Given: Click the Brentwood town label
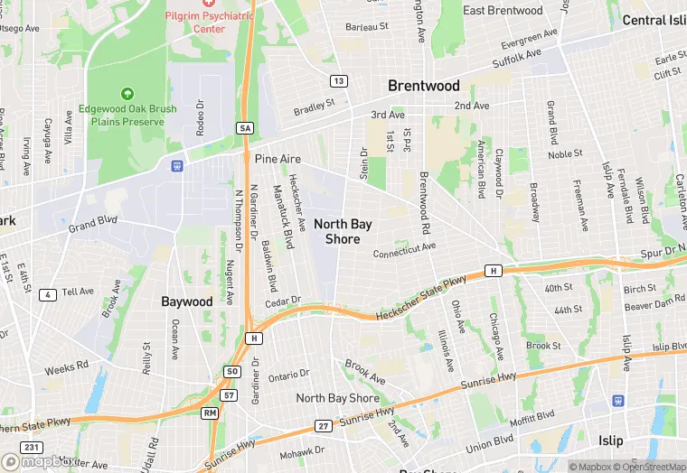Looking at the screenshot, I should pyautogui.click(x=423, y=86).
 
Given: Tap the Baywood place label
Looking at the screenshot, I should pyautogui.click(x=187, y=301).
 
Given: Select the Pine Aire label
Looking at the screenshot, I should pyautogui.click(x=278, y=158).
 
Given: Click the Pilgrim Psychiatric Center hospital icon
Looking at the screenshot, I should pyautogui.click(x=209, y=3).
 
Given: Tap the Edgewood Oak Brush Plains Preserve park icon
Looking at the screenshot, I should pyautogui.click(x=127, y=93).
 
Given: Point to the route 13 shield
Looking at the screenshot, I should pyautogui.click(x=339, y=81).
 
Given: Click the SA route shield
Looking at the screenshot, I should pyautogui.click(x=245, y=128).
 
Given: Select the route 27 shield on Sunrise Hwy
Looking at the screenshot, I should pyautogui.click(x=323, y=425).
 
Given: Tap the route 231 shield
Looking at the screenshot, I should pyautogui.click(x=33, y=447).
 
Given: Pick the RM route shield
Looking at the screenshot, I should pyautogui.click(x=210, y=413).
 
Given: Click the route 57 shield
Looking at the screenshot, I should pyautogui.click(x=229, y=395).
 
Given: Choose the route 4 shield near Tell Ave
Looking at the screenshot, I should pyautogui.click(x=48, y=293).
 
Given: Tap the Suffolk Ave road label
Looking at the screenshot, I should pyautogui.click(x=516, y=60).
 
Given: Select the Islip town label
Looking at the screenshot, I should pyautogui.click(x=610, y=441).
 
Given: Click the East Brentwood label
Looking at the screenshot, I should pyautogui.click(x=503, y=10).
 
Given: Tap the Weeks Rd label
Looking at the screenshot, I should pyautogui.click(x=67, y=368).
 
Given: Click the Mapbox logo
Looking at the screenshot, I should pyautogui.click(x=38, y=462).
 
